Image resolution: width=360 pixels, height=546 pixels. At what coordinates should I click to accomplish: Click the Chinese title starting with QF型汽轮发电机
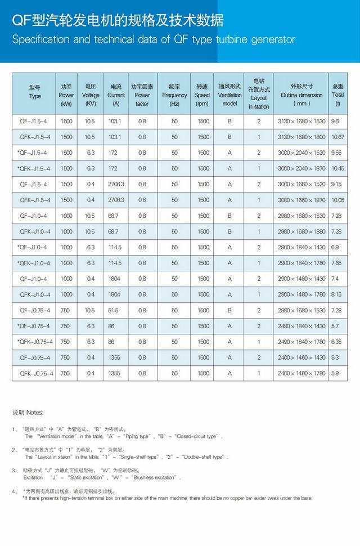[x=118, y=21]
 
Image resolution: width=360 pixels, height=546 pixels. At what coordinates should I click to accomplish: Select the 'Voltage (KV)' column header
[x=91, y=95]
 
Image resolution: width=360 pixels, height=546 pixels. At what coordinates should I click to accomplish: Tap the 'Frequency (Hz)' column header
[x=174, y=95]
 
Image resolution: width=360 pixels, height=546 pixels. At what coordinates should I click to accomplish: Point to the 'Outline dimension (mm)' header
[x=301, y=95]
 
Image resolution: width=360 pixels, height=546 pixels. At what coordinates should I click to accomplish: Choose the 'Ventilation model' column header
[x=229, y=95]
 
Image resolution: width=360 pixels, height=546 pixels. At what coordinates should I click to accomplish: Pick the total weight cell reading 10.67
[x=338, y=137]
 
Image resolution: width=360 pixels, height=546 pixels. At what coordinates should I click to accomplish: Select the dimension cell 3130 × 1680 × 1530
[x=301, y=121]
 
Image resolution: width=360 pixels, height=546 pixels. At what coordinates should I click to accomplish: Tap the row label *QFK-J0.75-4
[x=35, y=342]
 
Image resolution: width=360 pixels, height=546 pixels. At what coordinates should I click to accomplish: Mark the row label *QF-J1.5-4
[x=33, y=153]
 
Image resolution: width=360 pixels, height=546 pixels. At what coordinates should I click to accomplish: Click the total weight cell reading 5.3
[x=336, y=357]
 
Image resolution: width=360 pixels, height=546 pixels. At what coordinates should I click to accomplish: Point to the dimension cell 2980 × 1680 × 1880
[x=301, y=231]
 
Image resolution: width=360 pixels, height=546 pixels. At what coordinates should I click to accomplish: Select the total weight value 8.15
[x=337, y=294]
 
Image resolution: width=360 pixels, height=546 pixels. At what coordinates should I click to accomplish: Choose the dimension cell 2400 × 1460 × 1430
[x=301, y=357]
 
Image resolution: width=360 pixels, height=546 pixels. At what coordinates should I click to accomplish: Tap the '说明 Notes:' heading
[x=28, y=413]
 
